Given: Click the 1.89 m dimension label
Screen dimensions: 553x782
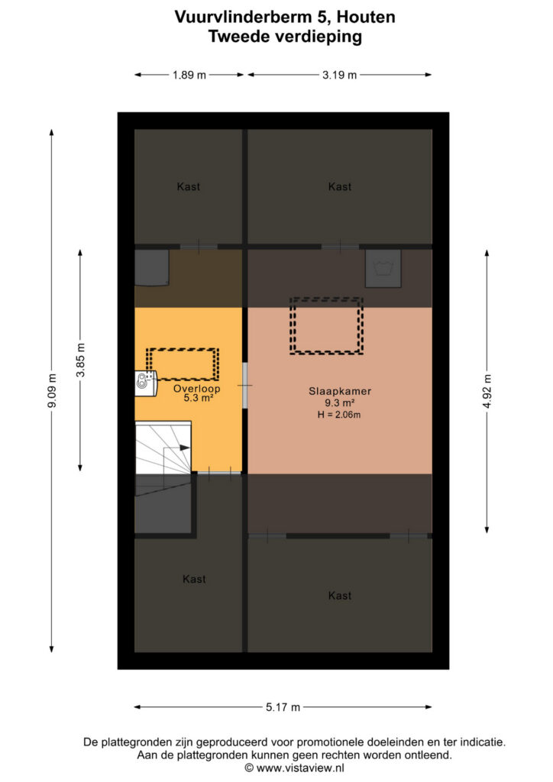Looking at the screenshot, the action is click(189, 76).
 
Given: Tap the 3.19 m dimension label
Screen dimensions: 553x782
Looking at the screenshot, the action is click(340, 76).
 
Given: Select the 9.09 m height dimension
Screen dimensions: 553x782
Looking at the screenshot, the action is click(52, 390).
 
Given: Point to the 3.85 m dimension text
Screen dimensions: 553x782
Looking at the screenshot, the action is click(81, 360).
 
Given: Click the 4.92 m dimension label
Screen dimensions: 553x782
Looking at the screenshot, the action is click(487, 391).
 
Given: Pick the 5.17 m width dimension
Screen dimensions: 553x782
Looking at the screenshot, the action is click(283, 707).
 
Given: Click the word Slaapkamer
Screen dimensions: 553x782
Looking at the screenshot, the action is click(340, 392).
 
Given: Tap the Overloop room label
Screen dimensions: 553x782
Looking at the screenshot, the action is click(196, 389).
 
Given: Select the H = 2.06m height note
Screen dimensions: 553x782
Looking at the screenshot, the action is click(339, 415).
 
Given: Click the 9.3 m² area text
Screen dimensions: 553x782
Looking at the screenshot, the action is click(340, 403).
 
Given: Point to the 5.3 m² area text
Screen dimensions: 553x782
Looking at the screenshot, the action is click(199, 398).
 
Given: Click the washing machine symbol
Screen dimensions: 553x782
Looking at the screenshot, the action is click(383, 268).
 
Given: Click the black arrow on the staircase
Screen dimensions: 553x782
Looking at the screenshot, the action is click(184, 448).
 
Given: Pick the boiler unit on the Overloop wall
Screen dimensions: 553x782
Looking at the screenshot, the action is click(146, 383).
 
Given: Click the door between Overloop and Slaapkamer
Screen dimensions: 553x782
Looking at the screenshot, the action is click(245, 386).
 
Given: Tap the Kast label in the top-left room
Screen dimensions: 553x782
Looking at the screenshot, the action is click(189, 187).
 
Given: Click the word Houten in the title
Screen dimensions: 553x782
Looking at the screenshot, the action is click(366, 17).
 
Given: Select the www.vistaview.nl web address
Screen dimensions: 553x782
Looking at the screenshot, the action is click(300, 768).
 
